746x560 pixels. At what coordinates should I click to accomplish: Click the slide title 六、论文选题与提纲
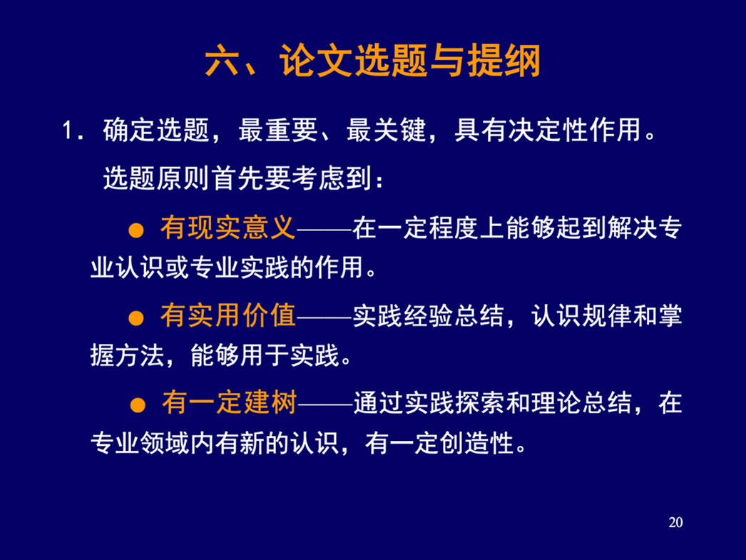click(x=373, y=60)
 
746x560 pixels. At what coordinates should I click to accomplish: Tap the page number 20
click(x=675, y=522)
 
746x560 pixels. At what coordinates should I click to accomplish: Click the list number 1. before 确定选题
click(x=73, y=130)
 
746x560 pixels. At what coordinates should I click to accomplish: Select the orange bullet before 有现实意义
click(x=136, y=230)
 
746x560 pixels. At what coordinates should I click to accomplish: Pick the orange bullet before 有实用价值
click(x=136, y=318)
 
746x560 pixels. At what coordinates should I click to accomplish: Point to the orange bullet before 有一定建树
click(x=138, y=405)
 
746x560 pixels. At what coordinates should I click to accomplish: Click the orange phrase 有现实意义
click(x=228, y=228)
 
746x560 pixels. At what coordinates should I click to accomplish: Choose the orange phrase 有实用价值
click(x=228, y=315)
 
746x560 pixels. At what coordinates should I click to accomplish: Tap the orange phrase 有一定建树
click(x=230, y=402)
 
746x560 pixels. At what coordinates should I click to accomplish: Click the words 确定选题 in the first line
click(x=156, y=130)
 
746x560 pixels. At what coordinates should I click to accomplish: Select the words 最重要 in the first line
click(x=278, y=130)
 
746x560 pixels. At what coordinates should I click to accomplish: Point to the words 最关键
click(x=386, y=130)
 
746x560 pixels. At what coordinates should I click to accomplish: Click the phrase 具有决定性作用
click(x=548, y=130)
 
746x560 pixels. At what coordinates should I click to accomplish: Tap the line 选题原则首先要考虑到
click(x=237, y=179)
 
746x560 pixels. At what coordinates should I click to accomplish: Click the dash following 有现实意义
click(x=324, y=229)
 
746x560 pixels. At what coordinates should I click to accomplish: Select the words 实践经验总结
click(x=428, y=315)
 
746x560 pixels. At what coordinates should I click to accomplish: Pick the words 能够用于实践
click(x=265, y=355)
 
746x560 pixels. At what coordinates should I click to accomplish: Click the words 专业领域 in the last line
click(x=140, y=444)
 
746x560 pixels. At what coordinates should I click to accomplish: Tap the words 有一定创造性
click(x=439, y=444)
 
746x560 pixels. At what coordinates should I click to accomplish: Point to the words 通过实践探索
click(x=429, y=403)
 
